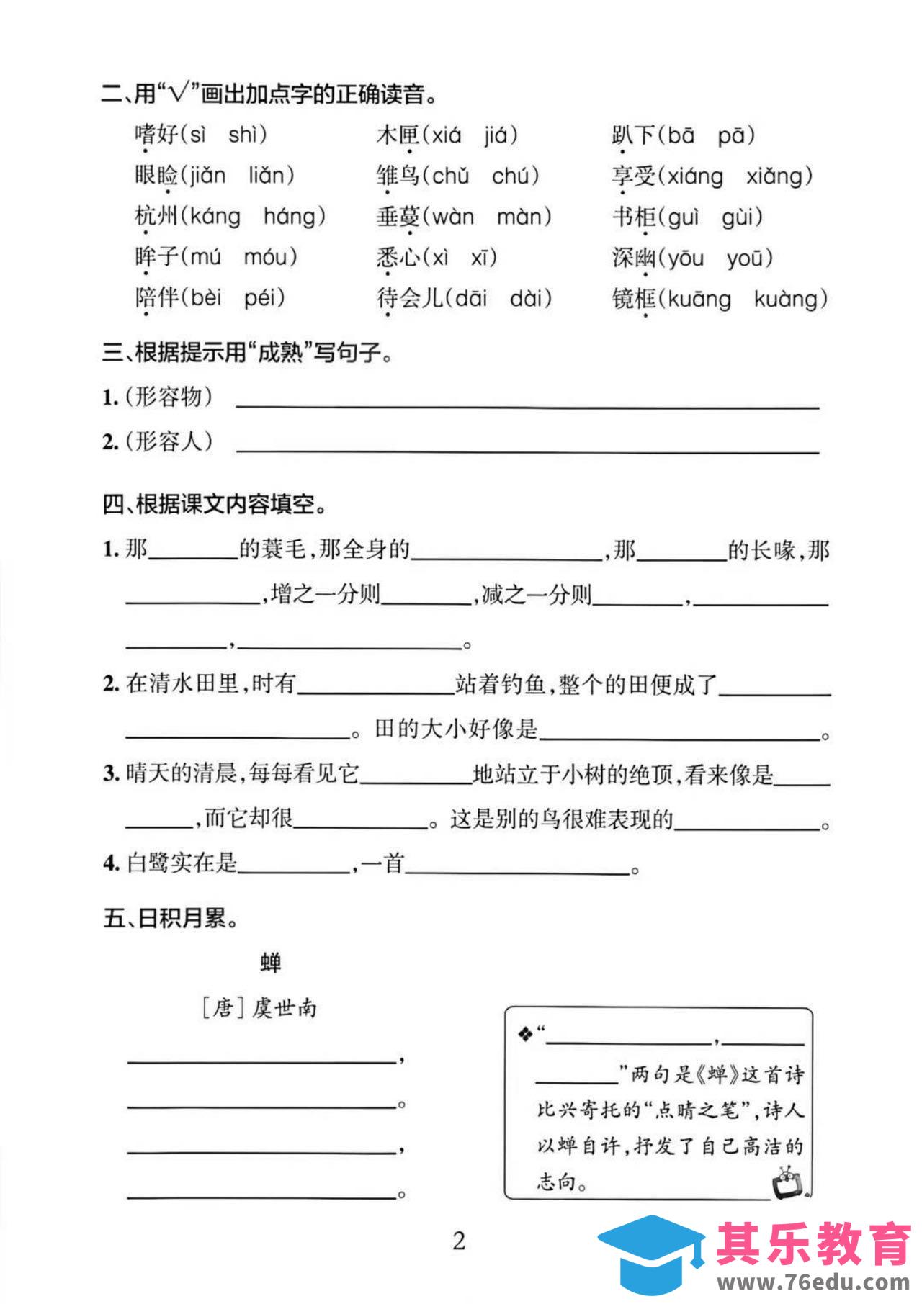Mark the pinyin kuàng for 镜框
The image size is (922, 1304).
pyautogui.click(x=789, y=299)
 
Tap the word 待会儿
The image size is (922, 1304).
pyautogui.click(x=410, y=298)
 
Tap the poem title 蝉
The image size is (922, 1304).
pyautogui.click(x=270, y=963)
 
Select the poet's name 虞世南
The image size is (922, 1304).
pyautogui.click(x=284, y=1008)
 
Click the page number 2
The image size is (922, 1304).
pyautogui.click(x=459, y=1241)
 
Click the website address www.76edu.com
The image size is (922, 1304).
pyautogui.click(x=812, y=1283)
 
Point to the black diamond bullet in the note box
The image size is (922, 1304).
pyautogui.click(x=525, y=1035)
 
